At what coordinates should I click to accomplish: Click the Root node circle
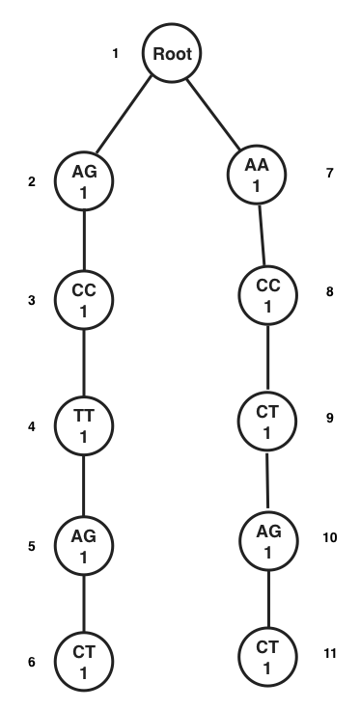tap(175, 54)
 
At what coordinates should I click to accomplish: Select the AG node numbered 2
tap(84, 179)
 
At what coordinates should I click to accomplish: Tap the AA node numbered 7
tap(257, 175)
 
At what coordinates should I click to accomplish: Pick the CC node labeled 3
tap(84, 300)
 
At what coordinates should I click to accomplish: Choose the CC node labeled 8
tap(267, 296)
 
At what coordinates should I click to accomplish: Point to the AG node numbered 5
tap(84, 545)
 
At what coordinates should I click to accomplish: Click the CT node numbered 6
tap(84, 662)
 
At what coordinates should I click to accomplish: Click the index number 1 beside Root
tap(116, 54)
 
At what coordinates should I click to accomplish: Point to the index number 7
tap(330, 175)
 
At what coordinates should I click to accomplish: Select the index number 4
tap(32, 425)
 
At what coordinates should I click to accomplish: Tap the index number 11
tap(330, 654)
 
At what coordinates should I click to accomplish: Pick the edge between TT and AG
tap(84, 485)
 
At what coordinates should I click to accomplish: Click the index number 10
tap(330, 537)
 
